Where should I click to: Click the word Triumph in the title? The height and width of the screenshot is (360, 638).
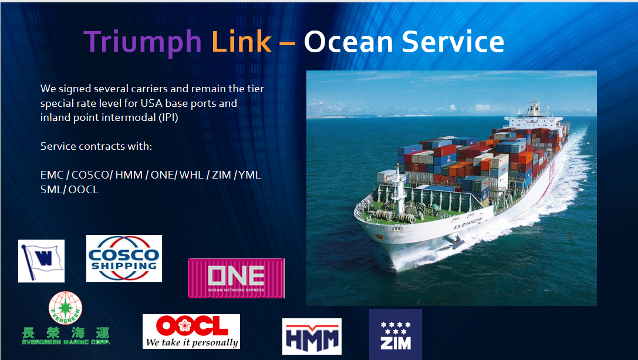click(x=143, y=42)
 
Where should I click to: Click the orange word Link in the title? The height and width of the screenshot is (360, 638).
click(x=241, y=41)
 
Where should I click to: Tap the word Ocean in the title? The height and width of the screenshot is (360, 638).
click(x=349, y=42)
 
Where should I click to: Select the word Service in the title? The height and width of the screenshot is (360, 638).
click(x=453, y=42)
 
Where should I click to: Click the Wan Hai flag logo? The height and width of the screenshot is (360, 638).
click(x=41, y=261)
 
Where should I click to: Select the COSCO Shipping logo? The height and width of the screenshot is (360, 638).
click(x=124, y=258)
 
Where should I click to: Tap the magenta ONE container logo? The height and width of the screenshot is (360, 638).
click(x=236, y=278)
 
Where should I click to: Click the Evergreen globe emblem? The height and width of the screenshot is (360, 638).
click(x=65, y=308)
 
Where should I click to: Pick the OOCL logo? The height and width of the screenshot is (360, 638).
click(x=191, y=331)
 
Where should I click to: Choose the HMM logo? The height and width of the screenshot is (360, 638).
click(x=312, y=337)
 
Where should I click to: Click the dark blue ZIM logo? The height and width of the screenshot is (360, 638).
click(x=396, y=334)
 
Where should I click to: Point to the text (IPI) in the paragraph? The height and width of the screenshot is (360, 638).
click(x=168, y=117)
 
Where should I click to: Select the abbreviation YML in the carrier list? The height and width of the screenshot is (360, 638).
click(x=249, y=175)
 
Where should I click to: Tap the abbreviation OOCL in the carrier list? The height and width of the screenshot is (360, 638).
click(x=83, y=190)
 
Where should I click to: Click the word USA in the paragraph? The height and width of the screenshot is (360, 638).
click(x=152, y=103)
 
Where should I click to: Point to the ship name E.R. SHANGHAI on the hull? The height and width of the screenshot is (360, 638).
click(x=468, y=223)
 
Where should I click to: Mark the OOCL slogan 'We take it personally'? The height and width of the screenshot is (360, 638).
click(x=192, y=342)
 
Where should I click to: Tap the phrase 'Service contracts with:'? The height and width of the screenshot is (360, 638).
click(x=96, y=146)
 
